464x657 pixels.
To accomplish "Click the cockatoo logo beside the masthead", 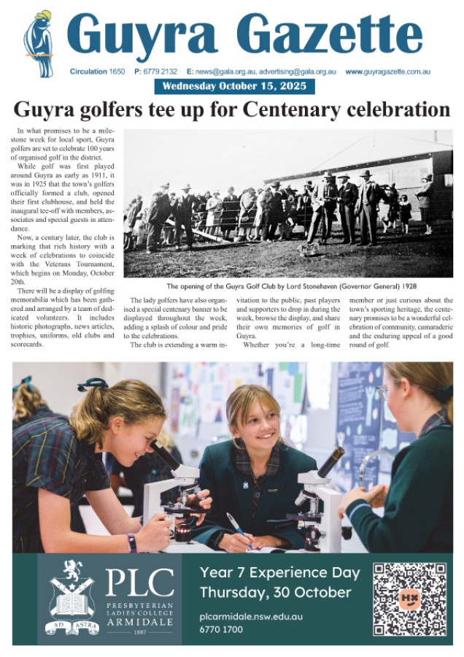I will tap(38, 43).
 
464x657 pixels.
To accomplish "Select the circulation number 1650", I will tap(117, 72).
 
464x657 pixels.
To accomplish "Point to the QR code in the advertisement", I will tap(409, 599).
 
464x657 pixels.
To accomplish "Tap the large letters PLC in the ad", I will tap(139, 582).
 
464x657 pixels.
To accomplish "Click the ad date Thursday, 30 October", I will tap(275, 592).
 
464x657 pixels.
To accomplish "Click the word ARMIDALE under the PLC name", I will tap(139, 621).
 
